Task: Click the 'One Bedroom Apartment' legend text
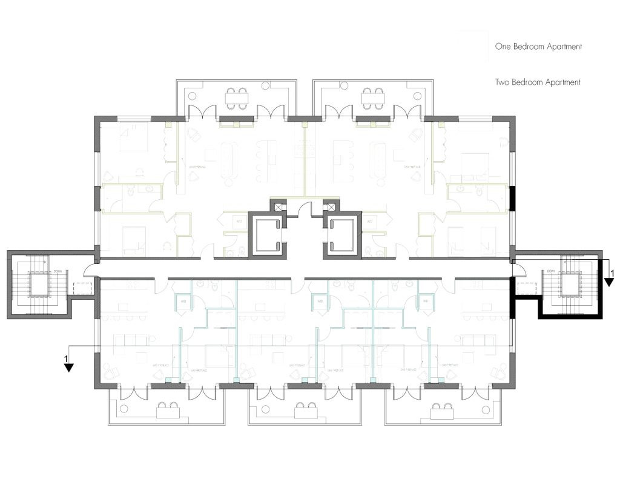(x=538, y=47)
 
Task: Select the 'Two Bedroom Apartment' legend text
(x=538, y=82)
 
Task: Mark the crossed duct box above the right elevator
(x=331, y=207)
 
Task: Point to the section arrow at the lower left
(x=69, y=365)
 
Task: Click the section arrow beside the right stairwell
(x=608, y=280)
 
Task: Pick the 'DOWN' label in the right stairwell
(x=551, y=272)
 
